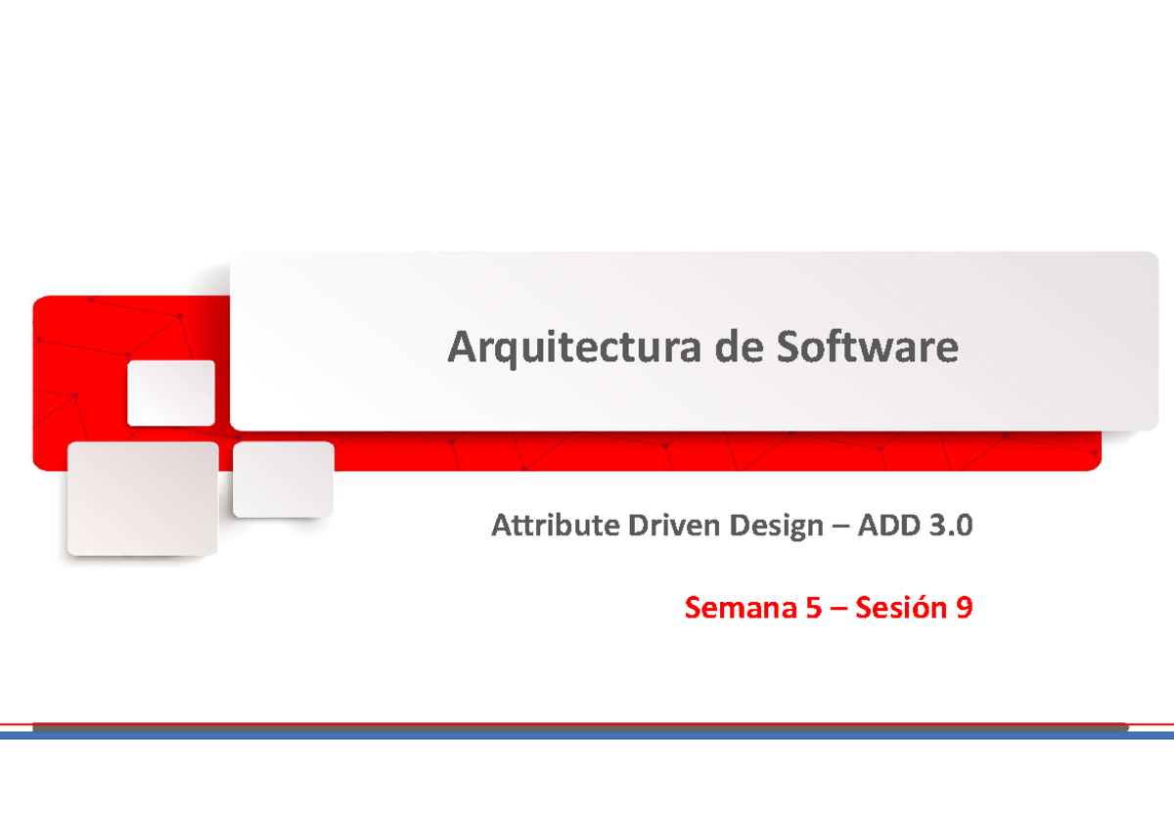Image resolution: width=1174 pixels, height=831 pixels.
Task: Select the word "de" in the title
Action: pos(743,347)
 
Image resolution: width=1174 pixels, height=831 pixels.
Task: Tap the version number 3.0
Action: pos(951,527)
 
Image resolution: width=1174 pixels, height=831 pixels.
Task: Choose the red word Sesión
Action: pos(900,608)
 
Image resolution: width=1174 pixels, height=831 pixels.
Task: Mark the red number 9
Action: pos(965,608)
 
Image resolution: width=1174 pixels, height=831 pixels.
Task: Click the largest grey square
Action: pos(143,498)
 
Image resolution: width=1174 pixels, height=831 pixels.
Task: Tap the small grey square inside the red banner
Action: pos(171,392)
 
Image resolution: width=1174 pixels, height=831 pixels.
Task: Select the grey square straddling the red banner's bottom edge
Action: pos(283,479)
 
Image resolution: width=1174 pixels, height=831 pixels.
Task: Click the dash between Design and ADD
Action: pos(840,528)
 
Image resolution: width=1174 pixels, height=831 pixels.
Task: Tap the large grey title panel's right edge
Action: pos(1156,341)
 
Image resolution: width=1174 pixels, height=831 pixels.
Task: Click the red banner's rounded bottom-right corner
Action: pos(1095,463)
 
